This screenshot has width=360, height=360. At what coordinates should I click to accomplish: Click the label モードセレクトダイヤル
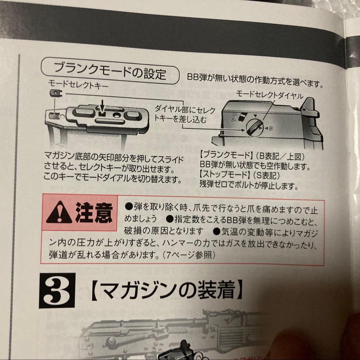(269, 95)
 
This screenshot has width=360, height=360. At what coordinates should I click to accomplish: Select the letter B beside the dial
(271, 128)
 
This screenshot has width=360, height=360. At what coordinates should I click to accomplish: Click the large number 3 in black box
(56, 290)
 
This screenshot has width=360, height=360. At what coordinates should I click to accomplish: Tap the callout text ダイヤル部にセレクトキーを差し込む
(185, 114)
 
